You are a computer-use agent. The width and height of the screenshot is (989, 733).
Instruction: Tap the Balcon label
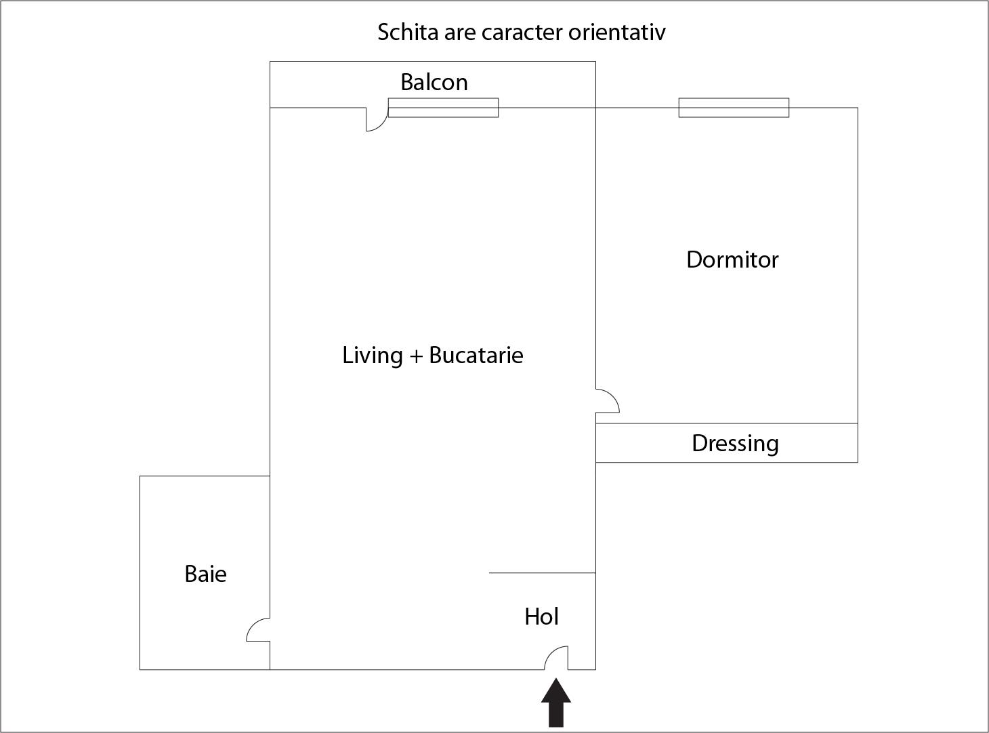(434, 82)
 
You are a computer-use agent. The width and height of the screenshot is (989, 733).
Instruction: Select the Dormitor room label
(732, 259)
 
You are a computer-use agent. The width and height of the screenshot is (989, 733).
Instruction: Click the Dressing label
(735, 443)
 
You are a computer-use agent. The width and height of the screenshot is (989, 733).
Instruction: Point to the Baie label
(205, 574)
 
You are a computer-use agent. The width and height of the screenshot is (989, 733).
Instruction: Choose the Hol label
(541, 616)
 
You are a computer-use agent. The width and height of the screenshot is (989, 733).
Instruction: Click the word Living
(373, 355)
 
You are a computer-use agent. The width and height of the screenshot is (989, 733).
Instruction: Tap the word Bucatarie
(476, 355)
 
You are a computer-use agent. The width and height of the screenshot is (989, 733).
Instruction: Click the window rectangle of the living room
(443, 108)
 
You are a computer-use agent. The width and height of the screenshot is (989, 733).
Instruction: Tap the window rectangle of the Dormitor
(734, 108)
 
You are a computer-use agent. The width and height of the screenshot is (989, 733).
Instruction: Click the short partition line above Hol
(542, 573)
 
